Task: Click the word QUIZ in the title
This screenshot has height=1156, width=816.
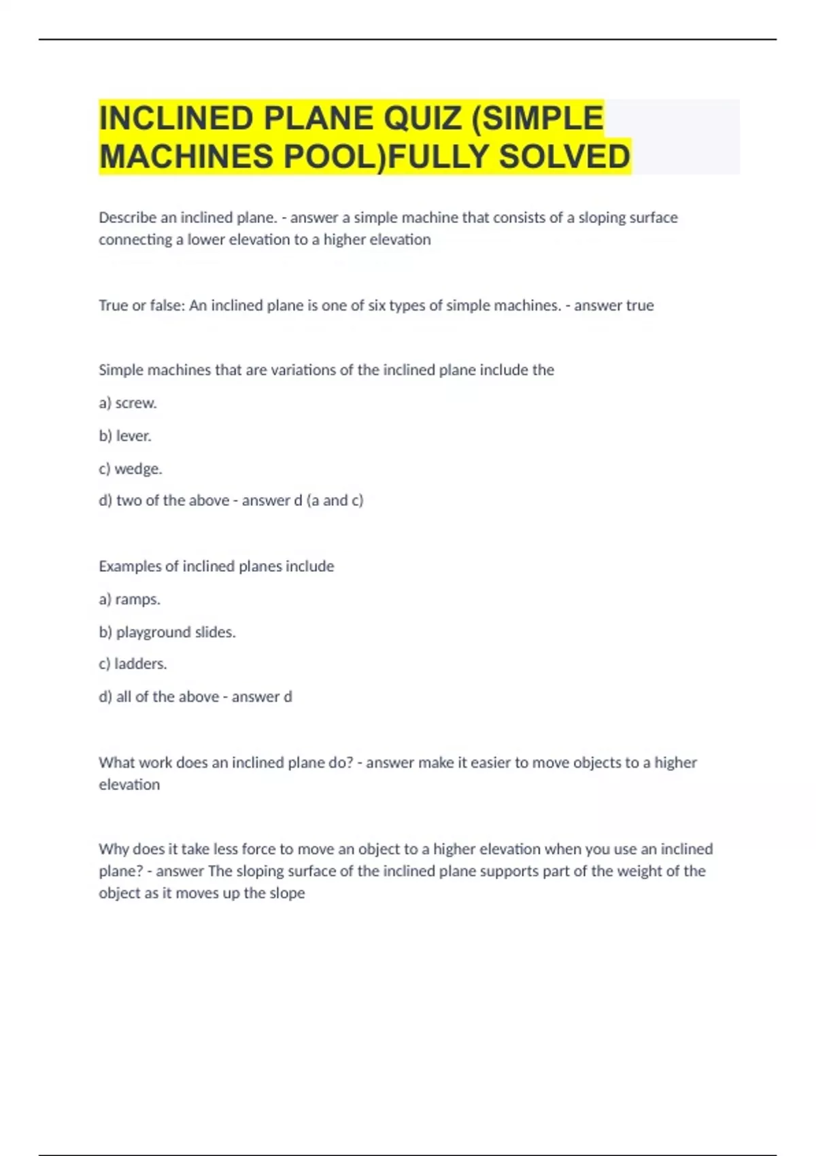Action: pos(422,118)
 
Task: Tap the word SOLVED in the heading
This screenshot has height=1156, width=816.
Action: pos(564,157)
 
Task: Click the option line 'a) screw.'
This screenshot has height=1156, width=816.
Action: pos(128,403)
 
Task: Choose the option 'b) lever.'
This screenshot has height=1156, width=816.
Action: pos(125,436)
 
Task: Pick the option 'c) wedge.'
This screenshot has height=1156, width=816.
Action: pos(131,469)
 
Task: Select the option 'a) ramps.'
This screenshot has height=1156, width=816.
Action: pos(130,599)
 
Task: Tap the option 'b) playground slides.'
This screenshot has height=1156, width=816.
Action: pos(167,632)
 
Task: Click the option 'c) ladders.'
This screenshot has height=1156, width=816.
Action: pos(133,664)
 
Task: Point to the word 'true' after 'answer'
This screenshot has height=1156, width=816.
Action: pos(640,305)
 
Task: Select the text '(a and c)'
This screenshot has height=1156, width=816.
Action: pos(335,500)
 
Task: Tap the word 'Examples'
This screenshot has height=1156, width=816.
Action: pos(130,566)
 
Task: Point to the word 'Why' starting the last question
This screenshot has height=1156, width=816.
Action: pos(114,849)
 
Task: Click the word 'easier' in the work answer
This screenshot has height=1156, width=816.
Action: pos(490,762)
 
